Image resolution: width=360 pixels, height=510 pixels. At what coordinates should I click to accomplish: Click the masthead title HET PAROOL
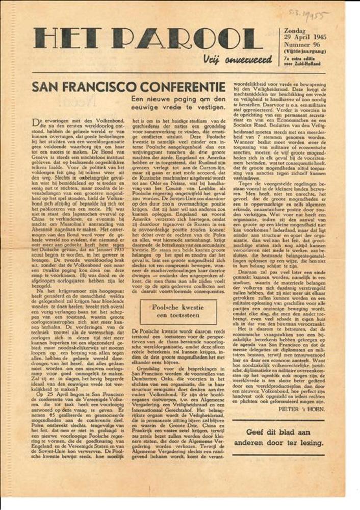148,39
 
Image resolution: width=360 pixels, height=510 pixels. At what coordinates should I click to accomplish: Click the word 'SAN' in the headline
49,87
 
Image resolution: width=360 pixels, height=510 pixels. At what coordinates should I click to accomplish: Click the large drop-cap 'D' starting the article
36,122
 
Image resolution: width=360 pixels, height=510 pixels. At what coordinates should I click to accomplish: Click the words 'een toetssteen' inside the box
178,317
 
